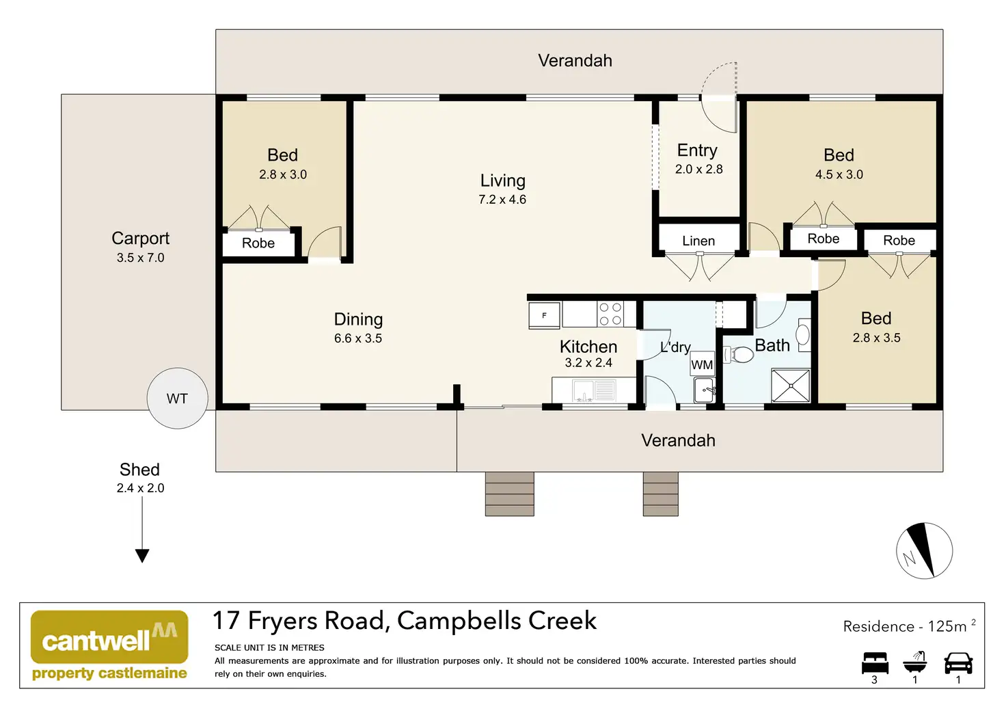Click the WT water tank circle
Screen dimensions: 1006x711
click(x=178, y=399)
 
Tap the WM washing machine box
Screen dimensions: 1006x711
click(x=702, y=364)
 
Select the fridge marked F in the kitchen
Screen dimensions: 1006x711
click(x=544, y=315)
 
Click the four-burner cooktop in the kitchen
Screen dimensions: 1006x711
click(x=610, y=314)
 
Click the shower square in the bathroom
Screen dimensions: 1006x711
click(x=791, y=386)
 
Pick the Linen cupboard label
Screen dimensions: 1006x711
click(x=698, y=241)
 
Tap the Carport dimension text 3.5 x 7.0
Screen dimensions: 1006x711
click(x=141, y=258)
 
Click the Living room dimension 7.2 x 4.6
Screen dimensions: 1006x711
click(x=502, y=200)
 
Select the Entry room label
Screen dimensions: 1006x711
click(x=697, y=150)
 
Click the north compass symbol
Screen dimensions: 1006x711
click(x=924, y=550)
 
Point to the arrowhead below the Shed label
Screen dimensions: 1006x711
click(x=142, y=556)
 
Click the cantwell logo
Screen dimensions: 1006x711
click(x=109, y=645)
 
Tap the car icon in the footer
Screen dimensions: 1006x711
click(x=958, y=663)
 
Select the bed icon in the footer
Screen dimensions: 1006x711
click(x=875, y=663)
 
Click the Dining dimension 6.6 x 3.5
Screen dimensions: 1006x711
click(x=358, y=338)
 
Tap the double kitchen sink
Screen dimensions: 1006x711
click(x=594, y=391)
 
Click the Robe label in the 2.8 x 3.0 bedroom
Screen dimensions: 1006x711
click(x=258, y=243)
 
